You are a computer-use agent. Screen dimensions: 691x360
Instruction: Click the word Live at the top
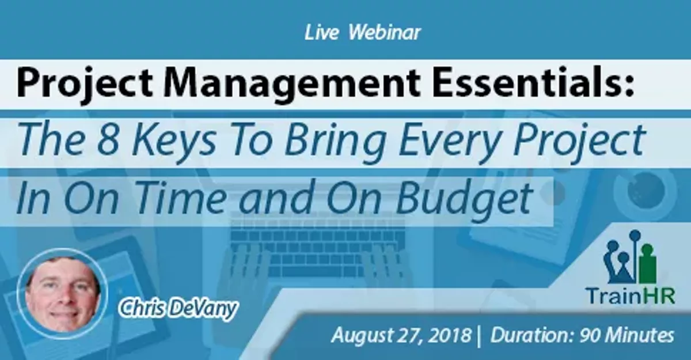tap(322, 32)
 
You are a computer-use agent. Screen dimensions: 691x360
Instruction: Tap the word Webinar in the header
tap(385, 32)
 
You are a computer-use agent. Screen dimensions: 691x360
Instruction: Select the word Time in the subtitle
tap(180, 198)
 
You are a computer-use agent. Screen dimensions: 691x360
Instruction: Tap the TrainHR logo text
tap(631, 295)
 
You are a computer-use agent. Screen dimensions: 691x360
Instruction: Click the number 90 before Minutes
tap(590, 335)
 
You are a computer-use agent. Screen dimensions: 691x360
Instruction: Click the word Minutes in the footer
tap(639, 335)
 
